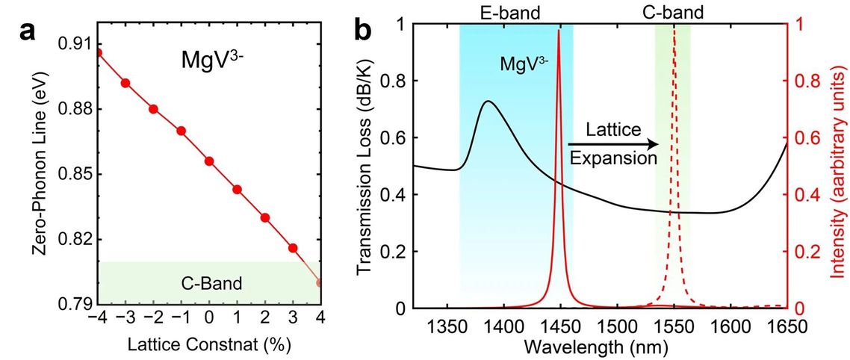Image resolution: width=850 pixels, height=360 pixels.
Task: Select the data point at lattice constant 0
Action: coord(209,161)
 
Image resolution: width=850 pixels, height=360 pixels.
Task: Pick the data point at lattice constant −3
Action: coord(125,83)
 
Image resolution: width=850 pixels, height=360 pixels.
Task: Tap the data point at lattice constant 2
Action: coord(265,217)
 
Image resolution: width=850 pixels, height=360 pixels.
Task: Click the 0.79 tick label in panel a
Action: coord(75,304)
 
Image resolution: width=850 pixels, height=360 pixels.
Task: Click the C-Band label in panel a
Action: coord(207,283)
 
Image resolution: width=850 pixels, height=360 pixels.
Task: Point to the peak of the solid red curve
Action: coord(559,30)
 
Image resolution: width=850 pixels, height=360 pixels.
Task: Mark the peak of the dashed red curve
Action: coord(674,28)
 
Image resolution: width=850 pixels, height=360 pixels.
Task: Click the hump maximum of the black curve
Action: coord(488,101)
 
